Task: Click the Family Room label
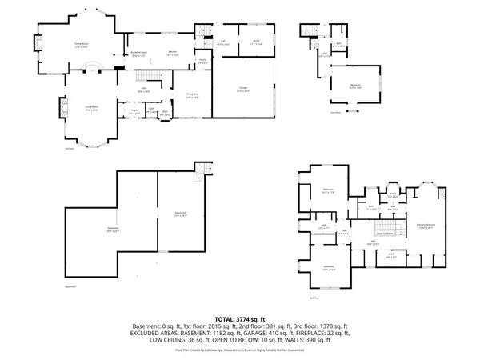(x=81, y=46)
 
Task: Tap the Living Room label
(x=90, y=106)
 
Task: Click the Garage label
(x=242, y=89)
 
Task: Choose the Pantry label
(x=203, y=62)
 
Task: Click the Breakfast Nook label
(x=138, y=54)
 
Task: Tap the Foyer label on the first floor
(x=135, y=113)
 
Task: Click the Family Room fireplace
(x=37, y=42)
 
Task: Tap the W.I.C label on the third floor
(x=390, y=256)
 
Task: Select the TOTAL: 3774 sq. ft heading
(x=239, y=318)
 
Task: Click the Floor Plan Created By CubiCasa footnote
(x=239, y=350)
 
